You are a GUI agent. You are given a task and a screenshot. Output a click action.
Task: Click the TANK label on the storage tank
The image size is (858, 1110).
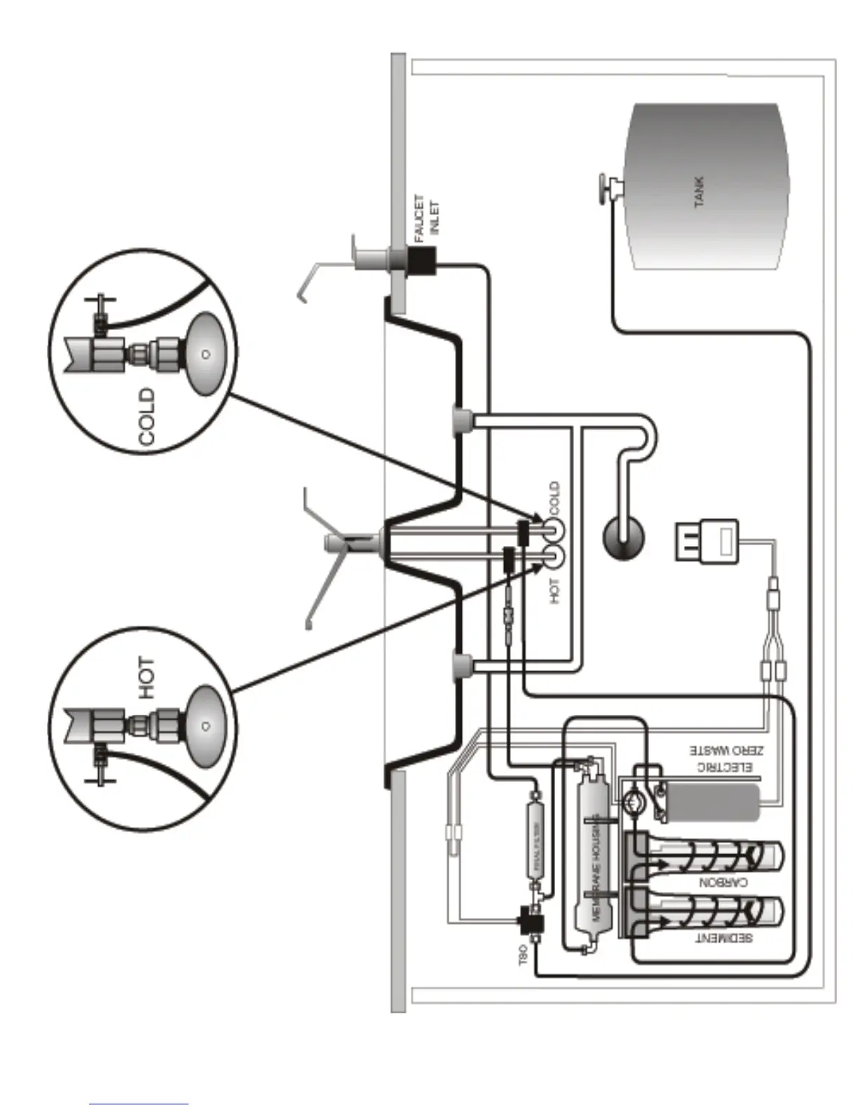[x=699, y=191]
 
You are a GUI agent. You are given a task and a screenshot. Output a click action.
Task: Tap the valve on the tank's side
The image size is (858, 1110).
[x=607, y=188]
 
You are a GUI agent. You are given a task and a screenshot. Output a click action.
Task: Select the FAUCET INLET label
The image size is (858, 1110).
[x=427, y=218]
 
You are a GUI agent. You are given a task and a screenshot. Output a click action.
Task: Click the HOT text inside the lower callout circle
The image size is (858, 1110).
[x=146, y=678]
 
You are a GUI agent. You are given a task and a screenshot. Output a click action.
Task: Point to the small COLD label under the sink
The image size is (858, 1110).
[x=554, y=496]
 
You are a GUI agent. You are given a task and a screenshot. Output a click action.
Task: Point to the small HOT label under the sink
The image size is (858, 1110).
[x=554, y=591]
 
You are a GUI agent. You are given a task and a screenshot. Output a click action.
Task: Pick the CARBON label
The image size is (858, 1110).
[x=723, y=882]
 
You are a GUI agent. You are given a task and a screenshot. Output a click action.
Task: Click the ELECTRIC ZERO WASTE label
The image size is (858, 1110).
[x=723, y=759]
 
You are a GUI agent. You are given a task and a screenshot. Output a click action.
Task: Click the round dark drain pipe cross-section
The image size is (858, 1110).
[x=623, y=538]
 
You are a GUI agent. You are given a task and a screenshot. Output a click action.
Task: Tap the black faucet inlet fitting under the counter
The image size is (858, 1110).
[x=422, y=262]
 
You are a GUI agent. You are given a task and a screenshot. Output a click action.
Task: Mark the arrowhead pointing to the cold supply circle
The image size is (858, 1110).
[x=538, y=522]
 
